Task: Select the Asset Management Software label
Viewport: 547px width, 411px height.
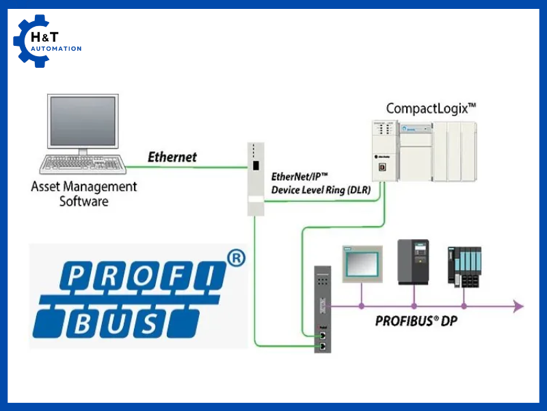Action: pyautogui.click(x=84, y=193)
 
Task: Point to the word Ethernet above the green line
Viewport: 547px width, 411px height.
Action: pyautogui.click(x=172, y=157)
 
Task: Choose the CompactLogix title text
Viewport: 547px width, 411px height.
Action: pyautogui.click(x=431, y=108)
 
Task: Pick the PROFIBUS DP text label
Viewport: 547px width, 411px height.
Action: pyautogui.click(x=416, y=321)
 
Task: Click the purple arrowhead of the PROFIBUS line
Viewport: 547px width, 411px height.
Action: pyautogui.click(x=518, y=306)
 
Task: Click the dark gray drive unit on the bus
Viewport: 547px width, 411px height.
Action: pyautogui.click(x=413, y=262)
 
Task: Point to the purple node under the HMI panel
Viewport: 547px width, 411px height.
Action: pyautogui.click(x=361, y=306)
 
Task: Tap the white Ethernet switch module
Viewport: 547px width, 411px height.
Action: pyautogui.click(x=255, y=178)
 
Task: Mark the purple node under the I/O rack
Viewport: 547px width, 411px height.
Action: pyautogui.click(x=464, y=306)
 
